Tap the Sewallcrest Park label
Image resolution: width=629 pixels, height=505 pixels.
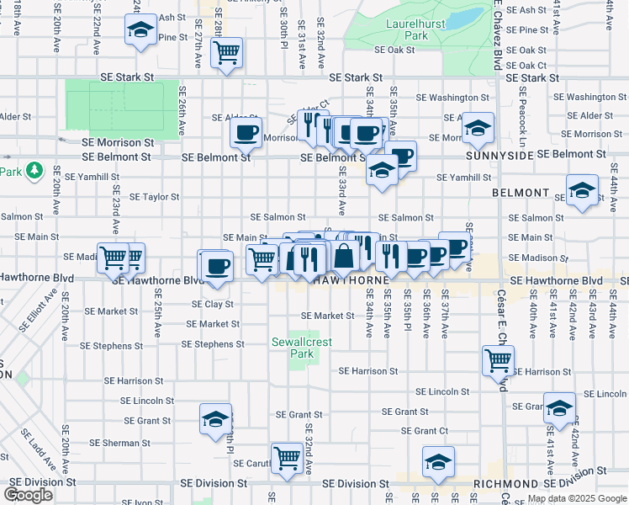click(x=292, y=348)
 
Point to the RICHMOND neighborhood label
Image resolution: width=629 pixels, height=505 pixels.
click(x=505, y=485)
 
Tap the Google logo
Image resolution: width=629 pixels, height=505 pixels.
click(x=28, y=495)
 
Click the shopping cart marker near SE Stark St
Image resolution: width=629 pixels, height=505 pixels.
click(x=227, y=53)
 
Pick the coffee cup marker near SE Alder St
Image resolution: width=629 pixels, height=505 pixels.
click(x=246, y=132)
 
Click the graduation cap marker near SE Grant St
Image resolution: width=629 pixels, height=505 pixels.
click(x=215, y=419)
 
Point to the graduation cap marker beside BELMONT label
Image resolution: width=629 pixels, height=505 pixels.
click(x=582, y=190)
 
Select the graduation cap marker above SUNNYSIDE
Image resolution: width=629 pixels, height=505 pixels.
click(x=478, y=128)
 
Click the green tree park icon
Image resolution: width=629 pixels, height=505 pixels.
click(x=34, y=172)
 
